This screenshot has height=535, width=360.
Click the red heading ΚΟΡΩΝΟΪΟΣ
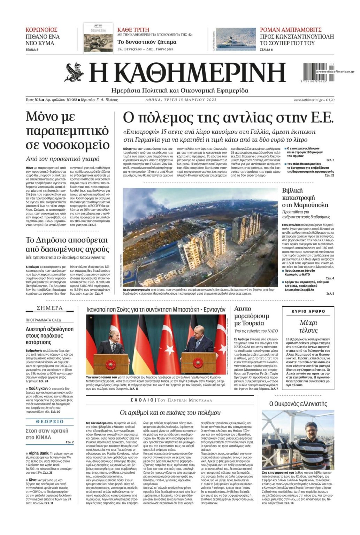tap(41, 30)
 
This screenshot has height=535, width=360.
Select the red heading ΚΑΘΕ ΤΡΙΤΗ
tap(133, 30)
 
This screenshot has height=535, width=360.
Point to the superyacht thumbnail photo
tap(235, 39)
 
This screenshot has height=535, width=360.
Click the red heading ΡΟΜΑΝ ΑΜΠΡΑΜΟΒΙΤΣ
tap(291, 30)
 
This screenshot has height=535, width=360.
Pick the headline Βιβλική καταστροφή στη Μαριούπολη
tap(305, 197)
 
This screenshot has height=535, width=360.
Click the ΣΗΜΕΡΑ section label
tap(50, 308)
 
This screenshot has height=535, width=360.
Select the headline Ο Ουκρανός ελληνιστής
tap(298, 404)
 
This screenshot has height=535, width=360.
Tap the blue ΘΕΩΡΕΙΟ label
tap(50, 421)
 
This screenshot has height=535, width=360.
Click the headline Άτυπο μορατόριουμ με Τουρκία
tap(251, 316)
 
